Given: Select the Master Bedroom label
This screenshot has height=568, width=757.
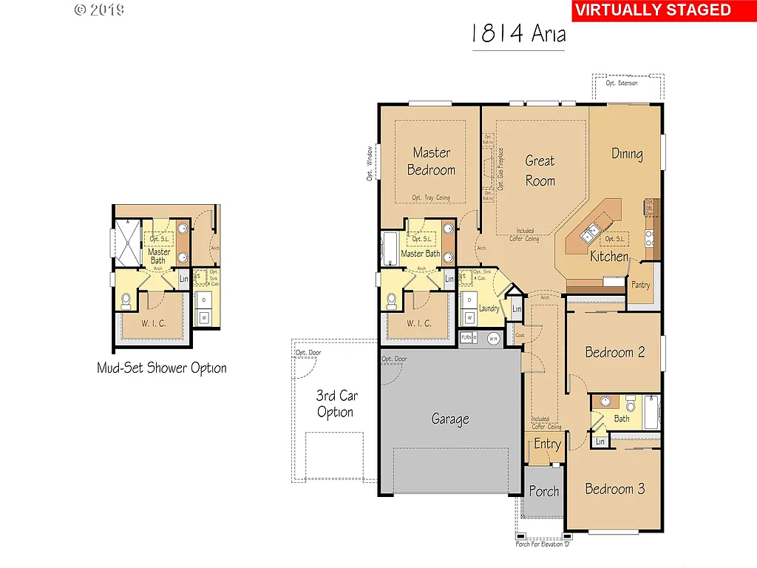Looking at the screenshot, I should click(432, 161).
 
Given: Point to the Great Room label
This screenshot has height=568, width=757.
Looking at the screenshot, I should click(540, 170).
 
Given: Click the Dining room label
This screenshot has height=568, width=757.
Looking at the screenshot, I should click(627, 154).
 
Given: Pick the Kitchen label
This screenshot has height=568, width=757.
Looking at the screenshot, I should click(609, 257).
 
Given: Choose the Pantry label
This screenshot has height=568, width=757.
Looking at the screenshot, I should click(640, 285).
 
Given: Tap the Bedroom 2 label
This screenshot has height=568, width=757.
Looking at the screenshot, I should click(614, 352).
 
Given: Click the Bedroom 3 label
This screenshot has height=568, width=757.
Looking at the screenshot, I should click(614, 489).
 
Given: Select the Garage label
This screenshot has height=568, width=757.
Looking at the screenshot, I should click(450, 419).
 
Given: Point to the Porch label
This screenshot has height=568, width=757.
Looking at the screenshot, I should click(544, 491).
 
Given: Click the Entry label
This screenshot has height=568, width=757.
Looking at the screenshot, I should click(547, 444).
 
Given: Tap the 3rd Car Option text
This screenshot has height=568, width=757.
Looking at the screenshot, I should click(336, 404).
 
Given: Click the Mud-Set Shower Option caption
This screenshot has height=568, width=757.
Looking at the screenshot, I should click(162, 368).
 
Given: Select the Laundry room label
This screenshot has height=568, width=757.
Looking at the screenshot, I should click(489, 308).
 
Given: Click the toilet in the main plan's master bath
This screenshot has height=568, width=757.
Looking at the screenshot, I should click(391, 300).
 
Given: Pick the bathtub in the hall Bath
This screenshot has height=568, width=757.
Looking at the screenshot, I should click(651, 411).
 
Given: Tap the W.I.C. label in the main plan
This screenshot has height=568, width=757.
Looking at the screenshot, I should click(419, 323).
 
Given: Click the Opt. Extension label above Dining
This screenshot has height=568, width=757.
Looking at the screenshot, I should click(621, 83).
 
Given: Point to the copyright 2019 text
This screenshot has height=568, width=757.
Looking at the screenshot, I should click(99, 10).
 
